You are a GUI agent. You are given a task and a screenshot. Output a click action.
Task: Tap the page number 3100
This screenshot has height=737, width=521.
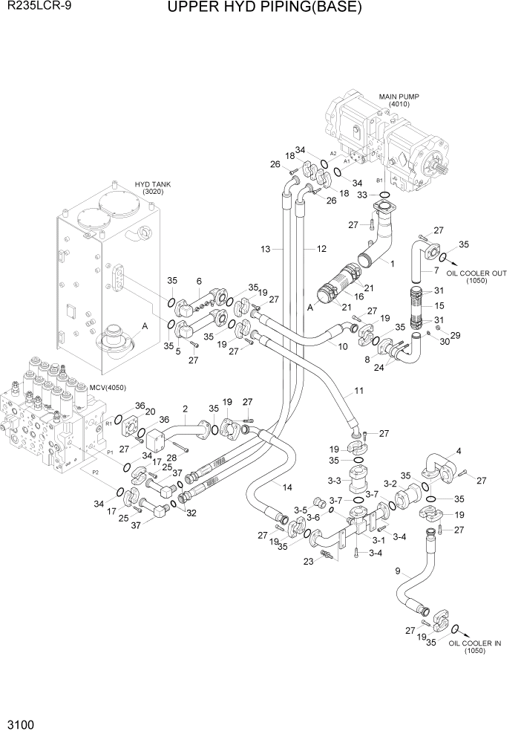tap(18, 724)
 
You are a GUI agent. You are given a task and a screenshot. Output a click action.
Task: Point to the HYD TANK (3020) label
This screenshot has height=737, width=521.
tap(148, 187)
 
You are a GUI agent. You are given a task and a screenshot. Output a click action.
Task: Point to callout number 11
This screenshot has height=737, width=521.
tap(358, 390)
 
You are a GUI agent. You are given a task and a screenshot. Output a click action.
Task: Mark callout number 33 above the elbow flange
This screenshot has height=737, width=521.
tap(363, 195)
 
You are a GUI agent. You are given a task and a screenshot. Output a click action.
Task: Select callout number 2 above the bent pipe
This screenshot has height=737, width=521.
tap(184, 409)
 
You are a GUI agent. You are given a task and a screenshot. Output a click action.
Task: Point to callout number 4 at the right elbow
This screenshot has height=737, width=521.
tap(458, 450)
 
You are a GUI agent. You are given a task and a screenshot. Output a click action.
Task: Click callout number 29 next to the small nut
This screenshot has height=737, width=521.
tap(455, 336)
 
